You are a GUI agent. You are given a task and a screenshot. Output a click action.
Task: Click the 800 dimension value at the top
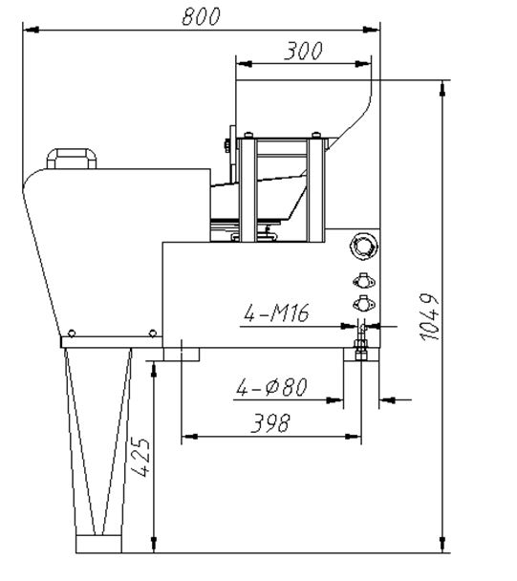click(202, 16)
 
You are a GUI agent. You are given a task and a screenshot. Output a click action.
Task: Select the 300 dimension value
click(303, 52)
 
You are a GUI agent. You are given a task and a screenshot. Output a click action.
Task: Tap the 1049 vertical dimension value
click(430, 317)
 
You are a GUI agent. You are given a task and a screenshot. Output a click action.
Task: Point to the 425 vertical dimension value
click(140, 457)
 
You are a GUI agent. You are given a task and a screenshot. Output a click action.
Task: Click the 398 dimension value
click(270, 423)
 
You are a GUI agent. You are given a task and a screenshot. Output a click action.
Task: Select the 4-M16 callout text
click(276, 313)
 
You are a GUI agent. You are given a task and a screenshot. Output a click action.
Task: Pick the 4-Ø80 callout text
click(272, 387)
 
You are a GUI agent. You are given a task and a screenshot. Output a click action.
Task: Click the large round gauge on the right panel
click(364, 247)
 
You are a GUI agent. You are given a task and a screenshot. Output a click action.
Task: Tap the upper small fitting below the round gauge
click(363, 281)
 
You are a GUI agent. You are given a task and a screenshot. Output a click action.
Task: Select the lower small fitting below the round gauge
click(363, 303)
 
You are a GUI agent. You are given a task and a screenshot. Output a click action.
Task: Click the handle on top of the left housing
click(72, 159)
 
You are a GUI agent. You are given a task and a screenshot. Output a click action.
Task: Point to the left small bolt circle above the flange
click(72, 334)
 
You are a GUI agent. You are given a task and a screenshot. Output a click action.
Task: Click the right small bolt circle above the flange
click(152, 334)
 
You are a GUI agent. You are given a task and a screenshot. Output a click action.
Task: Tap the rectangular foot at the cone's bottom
click(98, 544)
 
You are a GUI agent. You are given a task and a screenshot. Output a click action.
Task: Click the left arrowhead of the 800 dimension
click(31, 30)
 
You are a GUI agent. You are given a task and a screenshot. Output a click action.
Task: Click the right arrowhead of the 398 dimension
click(353, 437)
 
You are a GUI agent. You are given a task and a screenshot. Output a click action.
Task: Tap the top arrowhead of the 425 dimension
click(154, 369)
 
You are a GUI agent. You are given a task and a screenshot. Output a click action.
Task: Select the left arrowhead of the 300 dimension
click(244, 64)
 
